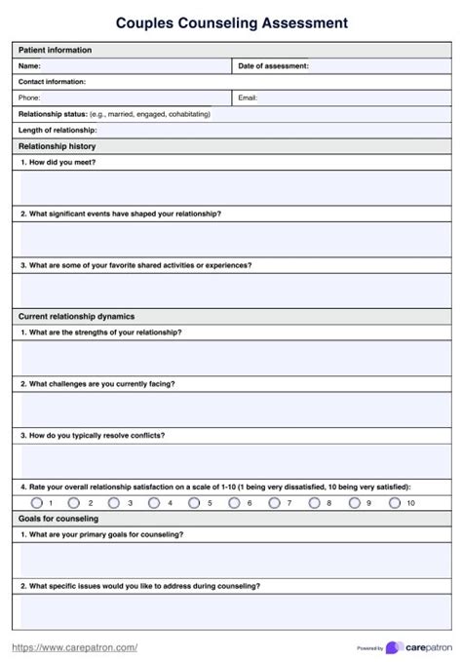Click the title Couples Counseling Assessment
pos(231,20)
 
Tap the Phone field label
pos(29,97)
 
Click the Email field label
pos(248,97)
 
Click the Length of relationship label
pos(58,130)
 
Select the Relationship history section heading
pos(58,146)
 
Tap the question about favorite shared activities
pos(135,264)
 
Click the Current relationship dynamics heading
pos(77,316)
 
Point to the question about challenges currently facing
pos(97,383)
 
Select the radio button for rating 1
pos(37,502)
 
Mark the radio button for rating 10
pos(394,502)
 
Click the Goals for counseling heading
pos(58,519)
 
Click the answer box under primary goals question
pos(231,560)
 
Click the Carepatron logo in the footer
pos(418,647)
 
